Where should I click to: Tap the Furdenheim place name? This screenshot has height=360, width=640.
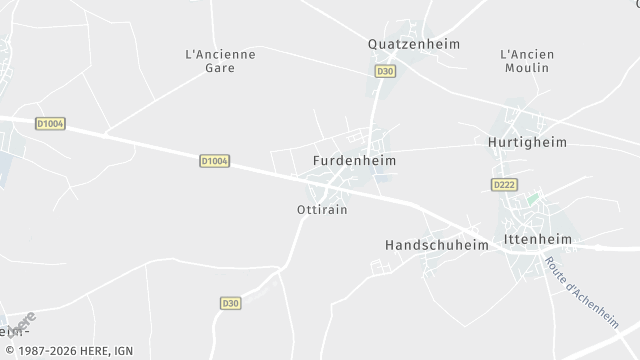coord(355,160)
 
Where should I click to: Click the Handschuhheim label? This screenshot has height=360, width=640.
coord(435,244)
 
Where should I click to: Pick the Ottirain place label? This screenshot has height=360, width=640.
coord(322,210)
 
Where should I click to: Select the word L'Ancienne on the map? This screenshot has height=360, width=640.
coord(221,54)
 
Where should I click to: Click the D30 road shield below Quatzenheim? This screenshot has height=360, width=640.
coord(385,71)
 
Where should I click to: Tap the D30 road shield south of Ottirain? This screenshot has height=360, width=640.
coord(230,303)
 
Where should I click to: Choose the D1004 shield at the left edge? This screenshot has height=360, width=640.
coord(49,124)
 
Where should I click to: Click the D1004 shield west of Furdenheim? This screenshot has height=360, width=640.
coord(214,160)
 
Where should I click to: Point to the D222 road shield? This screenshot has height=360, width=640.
coord(505,185)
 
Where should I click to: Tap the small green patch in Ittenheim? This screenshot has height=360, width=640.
coord(533,199)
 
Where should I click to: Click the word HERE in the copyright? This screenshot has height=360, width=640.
coord(97,351)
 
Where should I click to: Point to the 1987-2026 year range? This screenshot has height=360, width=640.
coord(45,351)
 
